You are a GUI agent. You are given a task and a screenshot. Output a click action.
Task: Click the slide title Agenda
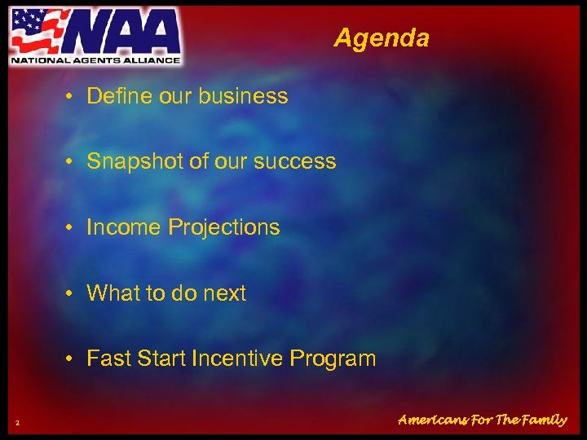[x=381, y=37]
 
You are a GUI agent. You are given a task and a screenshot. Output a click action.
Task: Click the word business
[x=248, y=96]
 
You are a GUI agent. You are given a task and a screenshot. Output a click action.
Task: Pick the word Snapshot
[x=135, y=161]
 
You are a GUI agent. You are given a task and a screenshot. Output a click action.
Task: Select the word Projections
[x=223, y=227]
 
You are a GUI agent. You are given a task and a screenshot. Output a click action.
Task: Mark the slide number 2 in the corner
[x=17, y=421]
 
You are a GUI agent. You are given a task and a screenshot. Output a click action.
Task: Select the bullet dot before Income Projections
[x=73, y=227]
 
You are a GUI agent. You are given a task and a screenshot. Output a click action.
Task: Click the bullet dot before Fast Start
[x=73, y=358]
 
